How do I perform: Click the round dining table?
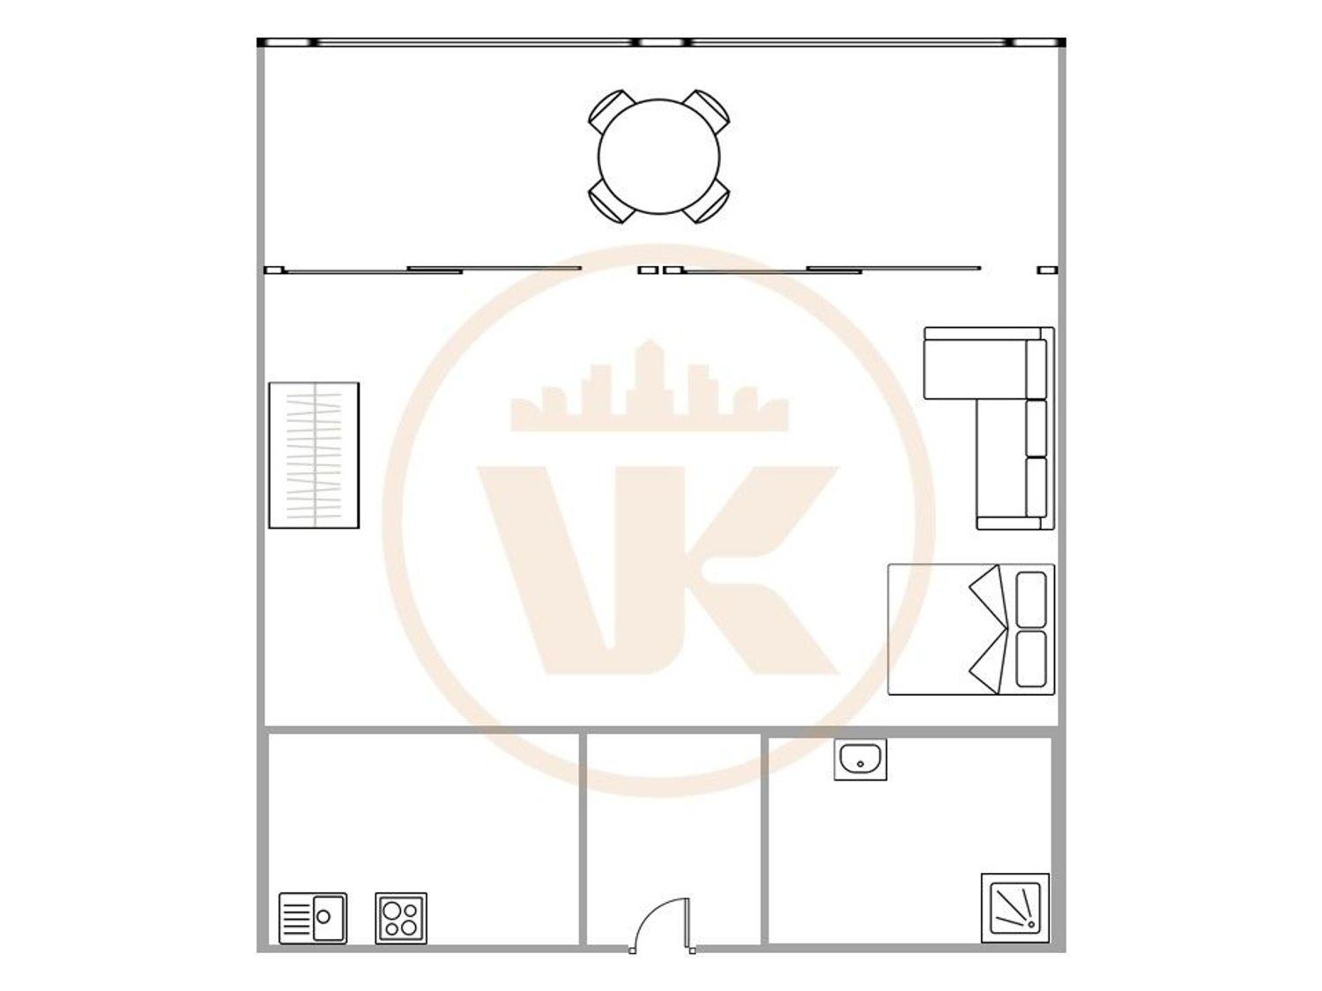point(659,157)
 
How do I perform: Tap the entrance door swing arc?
point(648,917)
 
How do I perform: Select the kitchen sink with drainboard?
point(313,918)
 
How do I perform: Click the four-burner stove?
point(401,918)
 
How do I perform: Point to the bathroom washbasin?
point(860,760)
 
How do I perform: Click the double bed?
point(971,629)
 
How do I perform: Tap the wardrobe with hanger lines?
point(314,455)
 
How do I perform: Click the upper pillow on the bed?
point(1031,599)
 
